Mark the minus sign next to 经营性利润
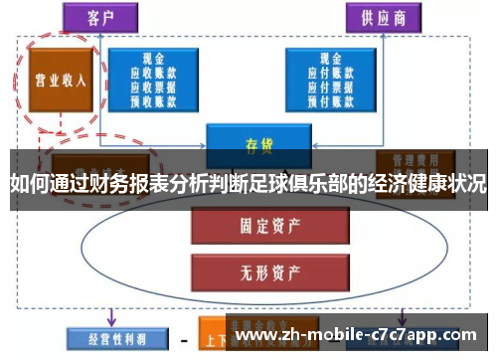(184, 337)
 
